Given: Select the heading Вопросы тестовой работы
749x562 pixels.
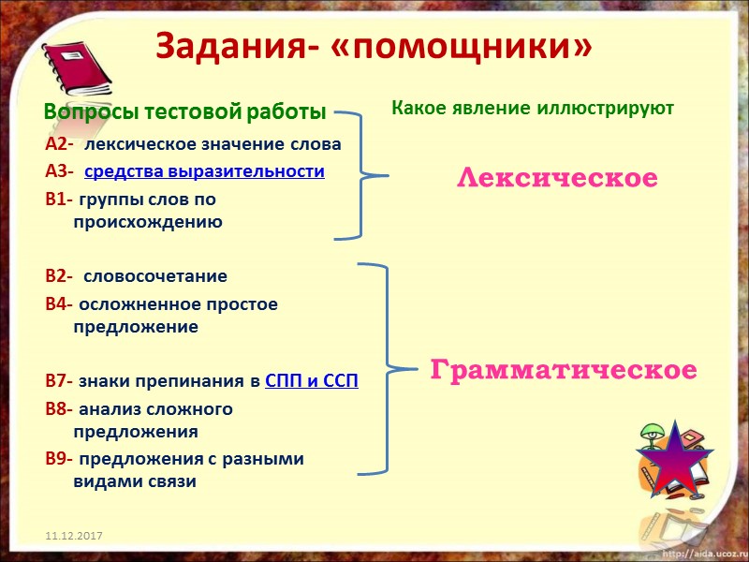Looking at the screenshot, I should point(184,111).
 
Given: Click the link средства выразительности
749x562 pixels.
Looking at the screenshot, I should point(204,171).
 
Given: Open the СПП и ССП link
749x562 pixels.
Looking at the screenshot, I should point(312,381).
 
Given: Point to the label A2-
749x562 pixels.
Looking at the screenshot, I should point(58,144).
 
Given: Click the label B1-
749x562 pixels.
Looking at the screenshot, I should point(58,200).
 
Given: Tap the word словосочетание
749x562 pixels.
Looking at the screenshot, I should point(155,276).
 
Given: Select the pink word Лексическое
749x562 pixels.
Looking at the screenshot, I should point(557,178).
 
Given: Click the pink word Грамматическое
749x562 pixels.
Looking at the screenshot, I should point(564,370).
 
